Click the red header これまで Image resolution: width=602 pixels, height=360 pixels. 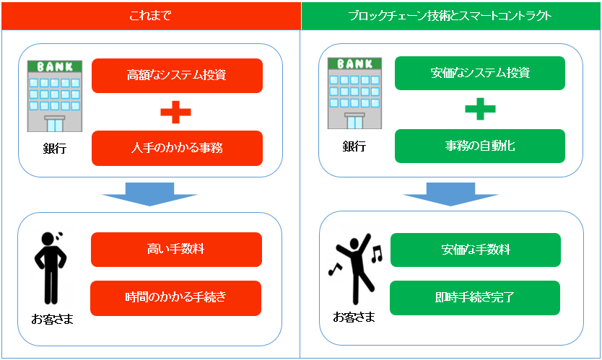[150, 15]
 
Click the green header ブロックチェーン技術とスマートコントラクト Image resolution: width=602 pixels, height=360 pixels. [450, 15]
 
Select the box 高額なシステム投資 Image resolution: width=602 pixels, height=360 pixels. [177, 76]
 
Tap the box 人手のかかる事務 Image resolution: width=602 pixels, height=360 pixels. [177, 148]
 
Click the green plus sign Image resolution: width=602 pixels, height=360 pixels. [479, 110]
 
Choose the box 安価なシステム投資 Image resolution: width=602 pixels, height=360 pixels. [479, 73]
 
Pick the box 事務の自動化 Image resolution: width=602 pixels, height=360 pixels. [479, 146]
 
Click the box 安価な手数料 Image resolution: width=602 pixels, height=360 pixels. [475, 250]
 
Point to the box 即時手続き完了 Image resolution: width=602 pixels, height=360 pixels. [475, 297]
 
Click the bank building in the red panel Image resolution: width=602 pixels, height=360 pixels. [54, 96]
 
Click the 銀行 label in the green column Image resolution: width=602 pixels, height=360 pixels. [354, 146]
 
